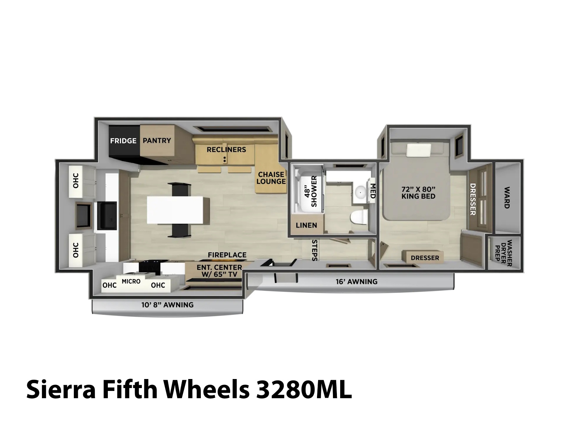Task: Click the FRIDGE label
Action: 123,141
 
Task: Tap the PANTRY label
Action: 157,140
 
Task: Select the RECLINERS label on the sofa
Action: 226,149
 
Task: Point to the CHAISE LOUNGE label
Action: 271,178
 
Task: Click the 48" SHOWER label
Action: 310,191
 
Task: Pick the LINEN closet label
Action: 306,225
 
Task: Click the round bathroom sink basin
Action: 360,192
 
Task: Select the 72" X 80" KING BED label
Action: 418,193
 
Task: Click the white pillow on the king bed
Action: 419,150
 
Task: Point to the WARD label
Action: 507,197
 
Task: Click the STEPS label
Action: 314,250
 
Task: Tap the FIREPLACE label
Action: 227,255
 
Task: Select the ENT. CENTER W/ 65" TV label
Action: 219,271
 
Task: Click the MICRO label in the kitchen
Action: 131,281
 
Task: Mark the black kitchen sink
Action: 107,216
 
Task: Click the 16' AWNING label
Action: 356,282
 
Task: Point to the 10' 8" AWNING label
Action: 168,305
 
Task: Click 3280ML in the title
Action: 304,390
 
